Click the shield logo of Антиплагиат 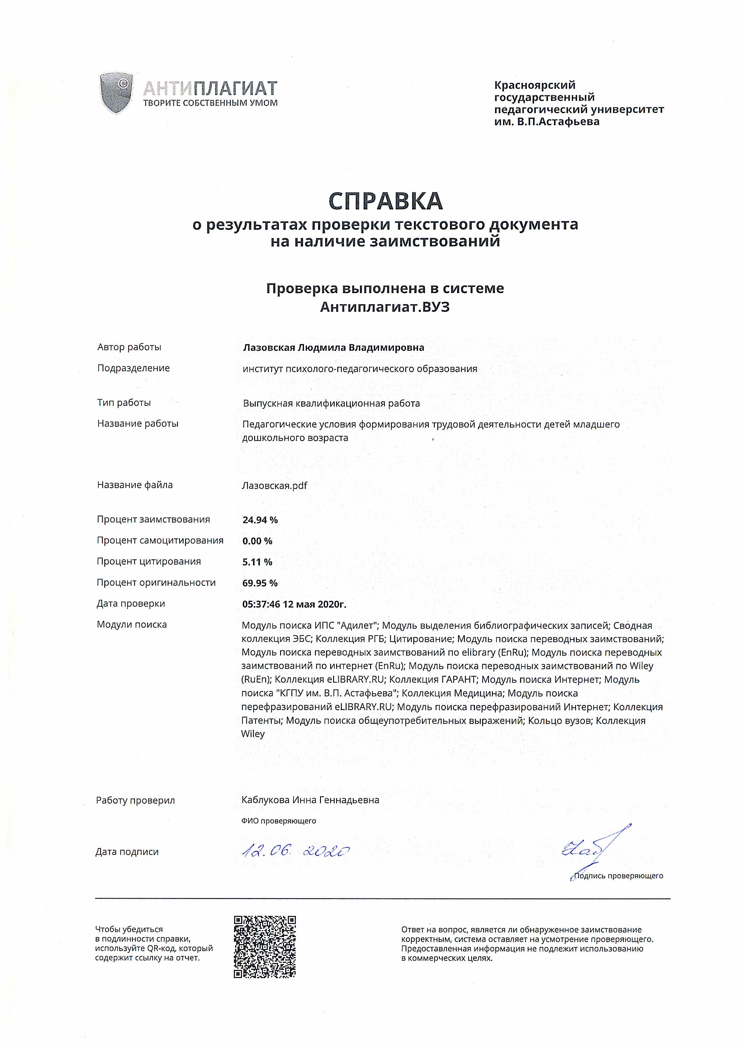coord(116,93)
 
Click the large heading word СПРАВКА coord(385,201)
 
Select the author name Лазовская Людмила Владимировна coord(333,347)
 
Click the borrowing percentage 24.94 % coord(260,520)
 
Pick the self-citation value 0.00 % coord(257,541)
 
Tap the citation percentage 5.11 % coord(257,562)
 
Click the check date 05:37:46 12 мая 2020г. coord(294,604)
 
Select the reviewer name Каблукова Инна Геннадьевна coord(310,800)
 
